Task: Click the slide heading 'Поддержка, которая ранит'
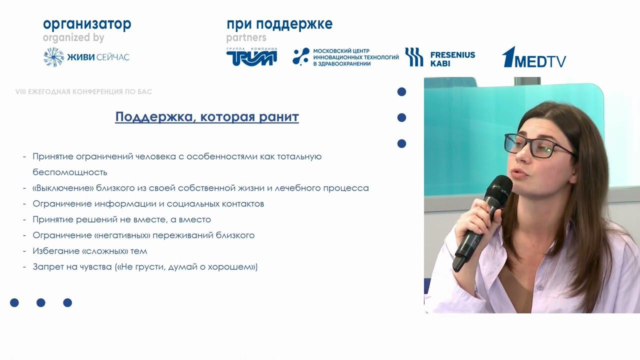(x=207, y=117)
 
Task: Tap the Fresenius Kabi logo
(x=440, y=57)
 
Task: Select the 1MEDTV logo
(x=533, y=57)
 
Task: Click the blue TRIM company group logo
(x=251, y=57)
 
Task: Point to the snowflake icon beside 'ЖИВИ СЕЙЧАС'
(x=53, y=57)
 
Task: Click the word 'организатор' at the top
(x=87, y=24)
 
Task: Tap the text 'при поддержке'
(x=279, y=24)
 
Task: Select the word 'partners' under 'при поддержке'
(x=246, y=37)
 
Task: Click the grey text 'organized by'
(x=73, y=37)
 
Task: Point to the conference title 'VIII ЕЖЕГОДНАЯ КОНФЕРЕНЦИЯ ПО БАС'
(x=84, y=92)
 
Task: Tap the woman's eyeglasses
(x=537, y=145)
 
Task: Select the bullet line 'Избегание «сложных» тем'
(x=90, y=251)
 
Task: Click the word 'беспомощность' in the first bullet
(x=70, y=172)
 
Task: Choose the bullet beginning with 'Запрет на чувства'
(x=145, y=267)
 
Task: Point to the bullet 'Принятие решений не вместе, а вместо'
(x=121, y=219)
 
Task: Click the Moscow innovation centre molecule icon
(x=300, y=57)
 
